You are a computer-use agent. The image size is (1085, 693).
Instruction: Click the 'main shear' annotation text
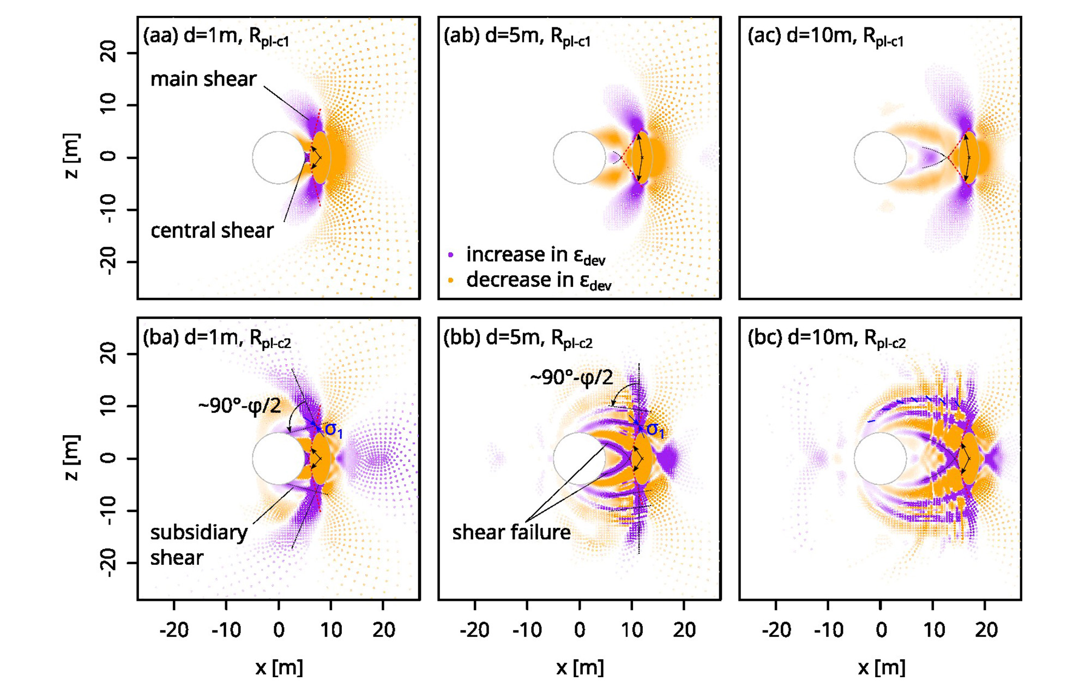[x=203, y=79]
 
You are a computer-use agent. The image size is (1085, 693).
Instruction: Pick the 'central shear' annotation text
[x=212, y=231]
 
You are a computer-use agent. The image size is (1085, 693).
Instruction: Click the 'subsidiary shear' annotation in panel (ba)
[x=198, y=545]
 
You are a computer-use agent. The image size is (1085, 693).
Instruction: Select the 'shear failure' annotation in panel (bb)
[x=511, y=532]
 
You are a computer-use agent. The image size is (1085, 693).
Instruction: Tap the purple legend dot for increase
[x=451, y=255]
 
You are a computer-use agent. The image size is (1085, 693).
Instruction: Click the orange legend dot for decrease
[x=451, y=280]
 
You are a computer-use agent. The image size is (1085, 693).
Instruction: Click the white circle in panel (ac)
[x=880, y=158]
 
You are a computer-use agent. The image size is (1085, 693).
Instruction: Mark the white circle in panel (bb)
[x=579, y=459]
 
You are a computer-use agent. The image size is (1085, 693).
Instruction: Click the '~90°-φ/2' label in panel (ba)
[x=239, y=406]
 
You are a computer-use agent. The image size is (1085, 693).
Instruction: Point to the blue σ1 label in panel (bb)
[x=655, y=430]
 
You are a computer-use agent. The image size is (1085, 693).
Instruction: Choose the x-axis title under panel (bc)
[x=881, y=667]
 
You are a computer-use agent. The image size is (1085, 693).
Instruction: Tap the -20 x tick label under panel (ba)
[x=173, y=630]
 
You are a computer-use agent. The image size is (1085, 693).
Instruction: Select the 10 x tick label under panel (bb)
[x=631, y=630]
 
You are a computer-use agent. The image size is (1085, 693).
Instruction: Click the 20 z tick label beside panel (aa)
[x=108, y=53]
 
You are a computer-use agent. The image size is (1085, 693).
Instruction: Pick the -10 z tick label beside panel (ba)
[x=108, y=511]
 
